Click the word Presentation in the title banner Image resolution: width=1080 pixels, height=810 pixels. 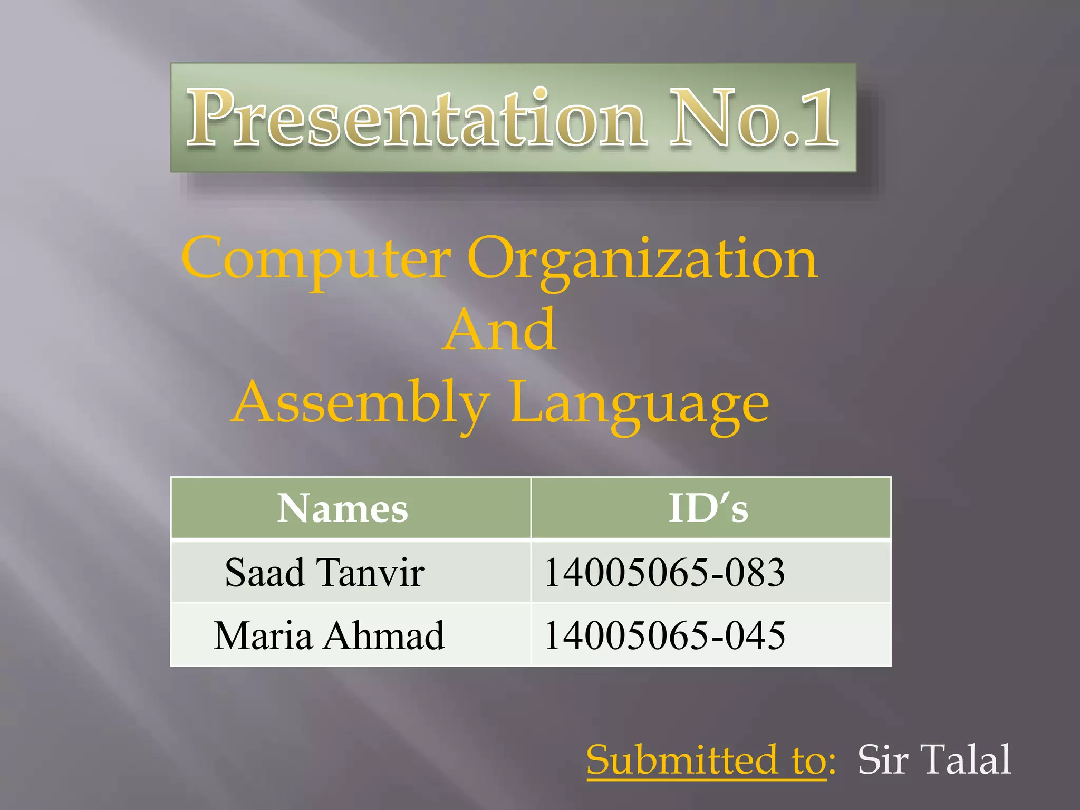click(417, 118)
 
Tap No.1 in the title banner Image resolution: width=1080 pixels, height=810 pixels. click(754, 118)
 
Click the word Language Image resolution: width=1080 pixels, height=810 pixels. click(639, 403)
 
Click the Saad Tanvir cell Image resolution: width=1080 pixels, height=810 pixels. click(324, 573)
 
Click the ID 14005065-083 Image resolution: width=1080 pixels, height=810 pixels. click(664, 573)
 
